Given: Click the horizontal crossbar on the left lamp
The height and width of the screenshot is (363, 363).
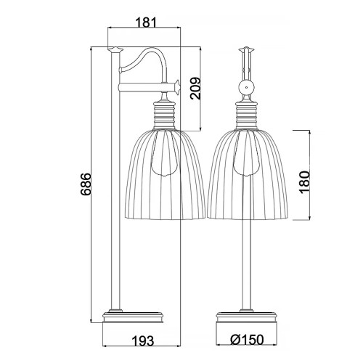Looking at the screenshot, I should point(145,89).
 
